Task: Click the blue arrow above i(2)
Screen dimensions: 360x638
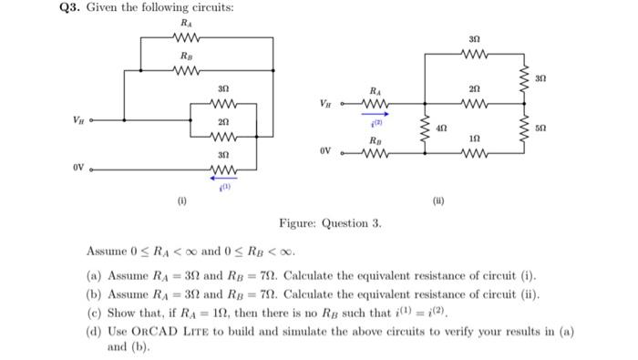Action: pyautogui.click(x=376, y=114)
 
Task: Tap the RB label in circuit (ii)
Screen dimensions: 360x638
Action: pyautogui.click(x=376, y=140)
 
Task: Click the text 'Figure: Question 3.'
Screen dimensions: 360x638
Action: pyautogui.click(x=330, y=223)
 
